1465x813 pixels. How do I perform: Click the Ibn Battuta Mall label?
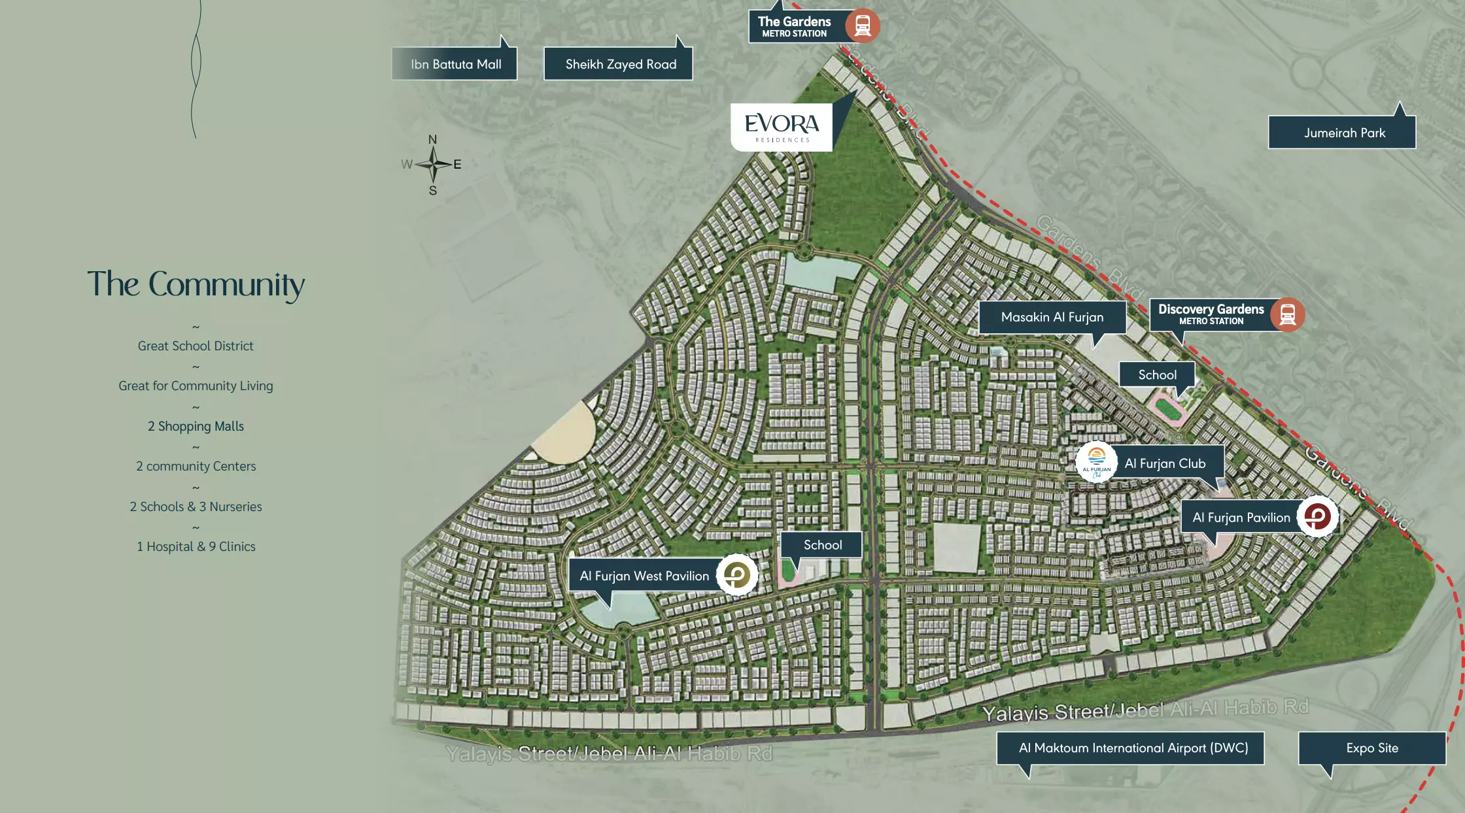[x=455, y=64]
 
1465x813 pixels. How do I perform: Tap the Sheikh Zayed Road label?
[x=620, y=64]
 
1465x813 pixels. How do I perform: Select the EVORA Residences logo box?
[x=782, y=127]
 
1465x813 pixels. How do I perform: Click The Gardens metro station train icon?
[x=862, y=26]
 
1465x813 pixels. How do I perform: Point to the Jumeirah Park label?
[x=1344, y=133]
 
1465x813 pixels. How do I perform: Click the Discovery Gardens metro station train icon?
[x=1287, y=314]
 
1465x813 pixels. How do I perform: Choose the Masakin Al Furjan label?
[x=1052, y=317]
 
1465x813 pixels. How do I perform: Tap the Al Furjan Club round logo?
[x=1096, y=461]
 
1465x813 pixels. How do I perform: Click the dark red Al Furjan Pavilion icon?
[x=1317, y=517]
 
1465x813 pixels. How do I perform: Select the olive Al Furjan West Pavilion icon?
[x=737, y=575]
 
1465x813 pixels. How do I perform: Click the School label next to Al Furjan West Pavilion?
[x=822, y=544]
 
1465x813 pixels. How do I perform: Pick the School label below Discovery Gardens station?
[x=1157, y=374]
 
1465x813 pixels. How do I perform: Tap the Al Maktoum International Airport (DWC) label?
[x=1133, y=748]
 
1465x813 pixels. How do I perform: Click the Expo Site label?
[x=1371, y=748]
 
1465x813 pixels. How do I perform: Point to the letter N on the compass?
[x=432, y=140]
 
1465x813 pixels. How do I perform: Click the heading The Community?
[x=196, y=285]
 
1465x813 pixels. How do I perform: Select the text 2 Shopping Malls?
[x=196, y=426]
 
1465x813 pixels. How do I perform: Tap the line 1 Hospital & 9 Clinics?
[x=196, y=546]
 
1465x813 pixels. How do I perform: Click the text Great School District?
[x=196, y=346]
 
